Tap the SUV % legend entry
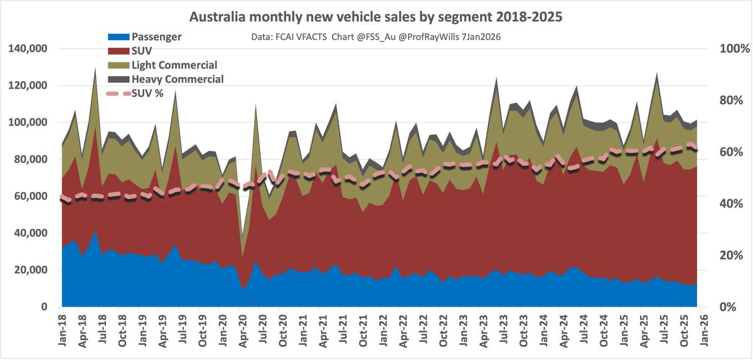click(151, 93)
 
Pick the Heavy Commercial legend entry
click(177, 79)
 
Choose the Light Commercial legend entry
click(174, 65)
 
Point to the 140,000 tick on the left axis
click(31, 49)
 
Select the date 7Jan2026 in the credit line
click(483, 37)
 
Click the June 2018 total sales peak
click(95, 68)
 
